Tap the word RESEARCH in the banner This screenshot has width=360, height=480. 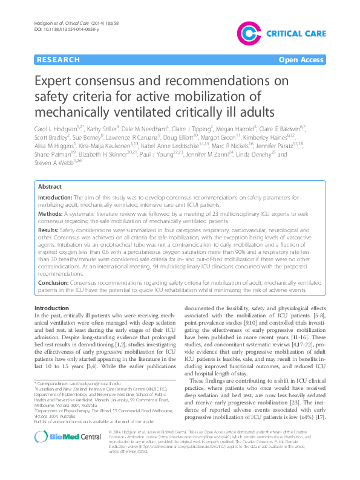point(58,60)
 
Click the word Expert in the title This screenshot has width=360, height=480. point(60,82)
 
